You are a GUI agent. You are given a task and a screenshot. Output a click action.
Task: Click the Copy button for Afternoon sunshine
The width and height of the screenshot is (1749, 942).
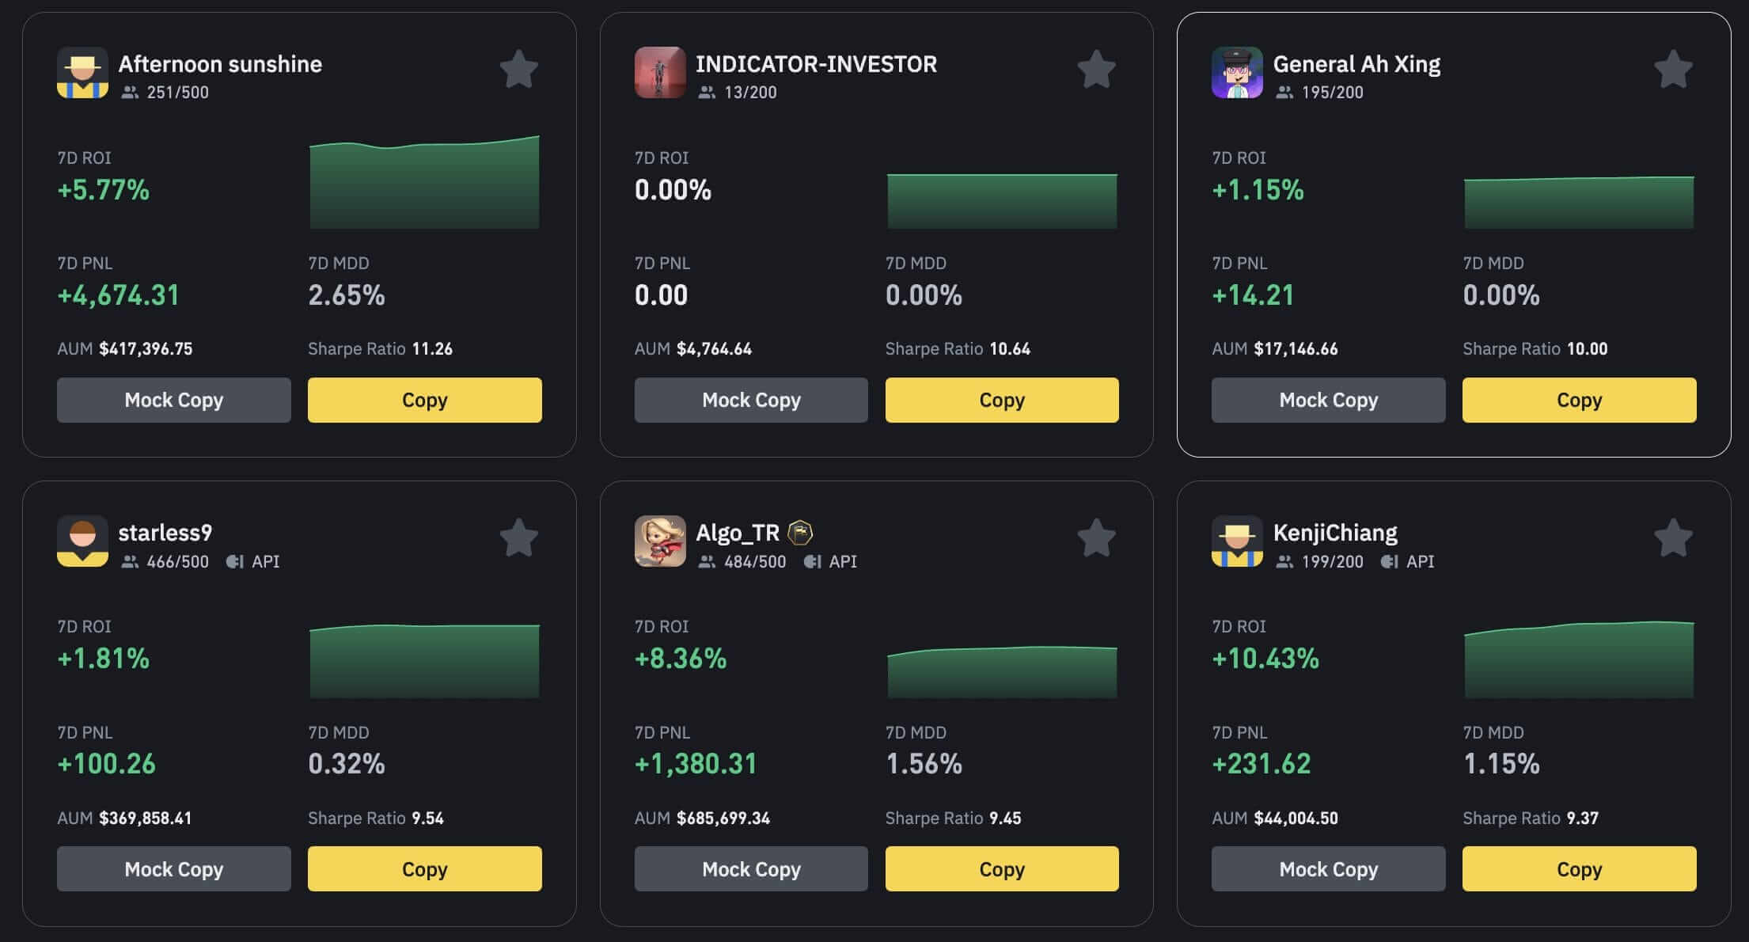click(x=424, y=400)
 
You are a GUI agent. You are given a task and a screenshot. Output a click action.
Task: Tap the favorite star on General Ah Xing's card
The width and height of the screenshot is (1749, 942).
click(x=1673, y=70)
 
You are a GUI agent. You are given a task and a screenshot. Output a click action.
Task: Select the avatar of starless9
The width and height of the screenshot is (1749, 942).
click(x=82, y=541)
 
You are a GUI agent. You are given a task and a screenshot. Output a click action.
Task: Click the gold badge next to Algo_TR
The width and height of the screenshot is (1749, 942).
click(x=800, y=533)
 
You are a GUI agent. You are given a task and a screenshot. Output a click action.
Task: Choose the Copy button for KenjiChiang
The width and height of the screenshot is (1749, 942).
click(x=1579, y=868)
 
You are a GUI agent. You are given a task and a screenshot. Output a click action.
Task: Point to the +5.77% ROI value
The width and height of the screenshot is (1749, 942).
click(x=103, y=190)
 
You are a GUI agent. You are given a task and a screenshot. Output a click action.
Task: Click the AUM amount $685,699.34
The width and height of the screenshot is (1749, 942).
click(x=723, y=818)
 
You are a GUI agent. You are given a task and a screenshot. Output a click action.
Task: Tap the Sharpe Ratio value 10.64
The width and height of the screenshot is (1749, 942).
click(x=1010, y=348)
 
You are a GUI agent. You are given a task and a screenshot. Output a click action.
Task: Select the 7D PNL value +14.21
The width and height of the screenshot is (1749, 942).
click(x=1253, y=295)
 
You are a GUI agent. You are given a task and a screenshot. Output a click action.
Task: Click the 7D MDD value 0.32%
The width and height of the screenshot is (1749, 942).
click(x=346, y=764)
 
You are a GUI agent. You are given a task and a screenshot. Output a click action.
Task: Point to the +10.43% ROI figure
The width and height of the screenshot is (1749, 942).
click(x=1265, y=659)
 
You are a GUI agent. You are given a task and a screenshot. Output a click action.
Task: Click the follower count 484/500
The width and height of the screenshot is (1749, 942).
click(x=755, y=561)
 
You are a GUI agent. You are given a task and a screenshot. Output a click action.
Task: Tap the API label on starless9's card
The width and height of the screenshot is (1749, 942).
click(x=264, y=561)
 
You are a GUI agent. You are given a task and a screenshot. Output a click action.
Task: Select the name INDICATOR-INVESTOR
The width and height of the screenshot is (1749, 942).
click(x=816, y=64)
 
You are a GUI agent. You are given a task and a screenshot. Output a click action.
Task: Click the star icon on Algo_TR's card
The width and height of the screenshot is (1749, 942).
click(x=1096, y=538)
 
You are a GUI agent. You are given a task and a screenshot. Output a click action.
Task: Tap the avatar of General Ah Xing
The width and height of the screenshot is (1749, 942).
click(x=1236, y=72)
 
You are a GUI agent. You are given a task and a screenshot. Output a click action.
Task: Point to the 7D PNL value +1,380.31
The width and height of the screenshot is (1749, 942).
click(x=696, y=764)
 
